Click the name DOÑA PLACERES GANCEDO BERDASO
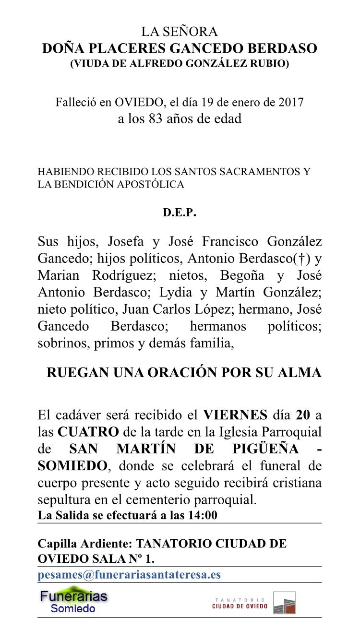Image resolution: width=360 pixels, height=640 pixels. [180, 48]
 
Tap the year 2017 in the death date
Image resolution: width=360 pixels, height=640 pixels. [290, 102]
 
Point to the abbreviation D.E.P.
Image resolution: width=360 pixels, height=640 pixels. [180, 213]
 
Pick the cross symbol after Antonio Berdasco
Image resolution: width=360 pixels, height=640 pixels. [302, 259]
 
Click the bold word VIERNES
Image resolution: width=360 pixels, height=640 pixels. [235, 415]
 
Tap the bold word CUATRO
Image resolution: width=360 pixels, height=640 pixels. [88, 431]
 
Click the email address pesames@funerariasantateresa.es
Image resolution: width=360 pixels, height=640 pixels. [129, 575]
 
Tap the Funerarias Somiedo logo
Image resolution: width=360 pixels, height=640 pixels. [73, 601]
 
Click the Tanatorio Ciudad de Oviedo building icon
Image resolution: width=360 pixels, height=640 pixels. [284, 603]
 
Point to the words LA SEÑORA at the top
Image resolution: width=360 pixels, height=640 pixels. [180, 32]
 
